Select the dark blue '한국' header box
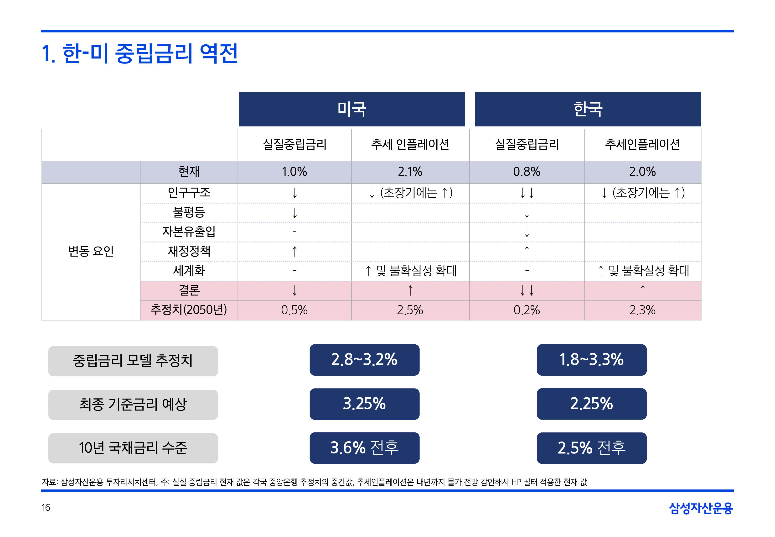tap(588, 109)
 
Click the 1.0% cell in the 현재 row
tap(294, 172)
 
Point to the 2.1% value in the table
tap(410, 172)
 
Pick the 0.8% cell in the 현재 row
tap(526, 172)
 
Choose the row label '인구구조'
tap(189, 193)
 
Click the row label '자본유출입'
tap(189, 232)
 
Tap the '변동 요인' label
tap(91, 251)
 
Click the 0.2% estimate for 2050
tap(527, 310)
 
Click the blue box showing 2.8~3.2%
tap(364, 360)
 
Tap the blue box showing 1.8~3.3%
tap(591, 360)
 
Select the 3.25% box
tap(364, 404)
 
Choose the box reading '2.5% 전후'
tap(591, 448)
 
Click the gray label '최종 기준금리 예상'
tap(133, 405)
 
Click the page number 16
tap(46, 507)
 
